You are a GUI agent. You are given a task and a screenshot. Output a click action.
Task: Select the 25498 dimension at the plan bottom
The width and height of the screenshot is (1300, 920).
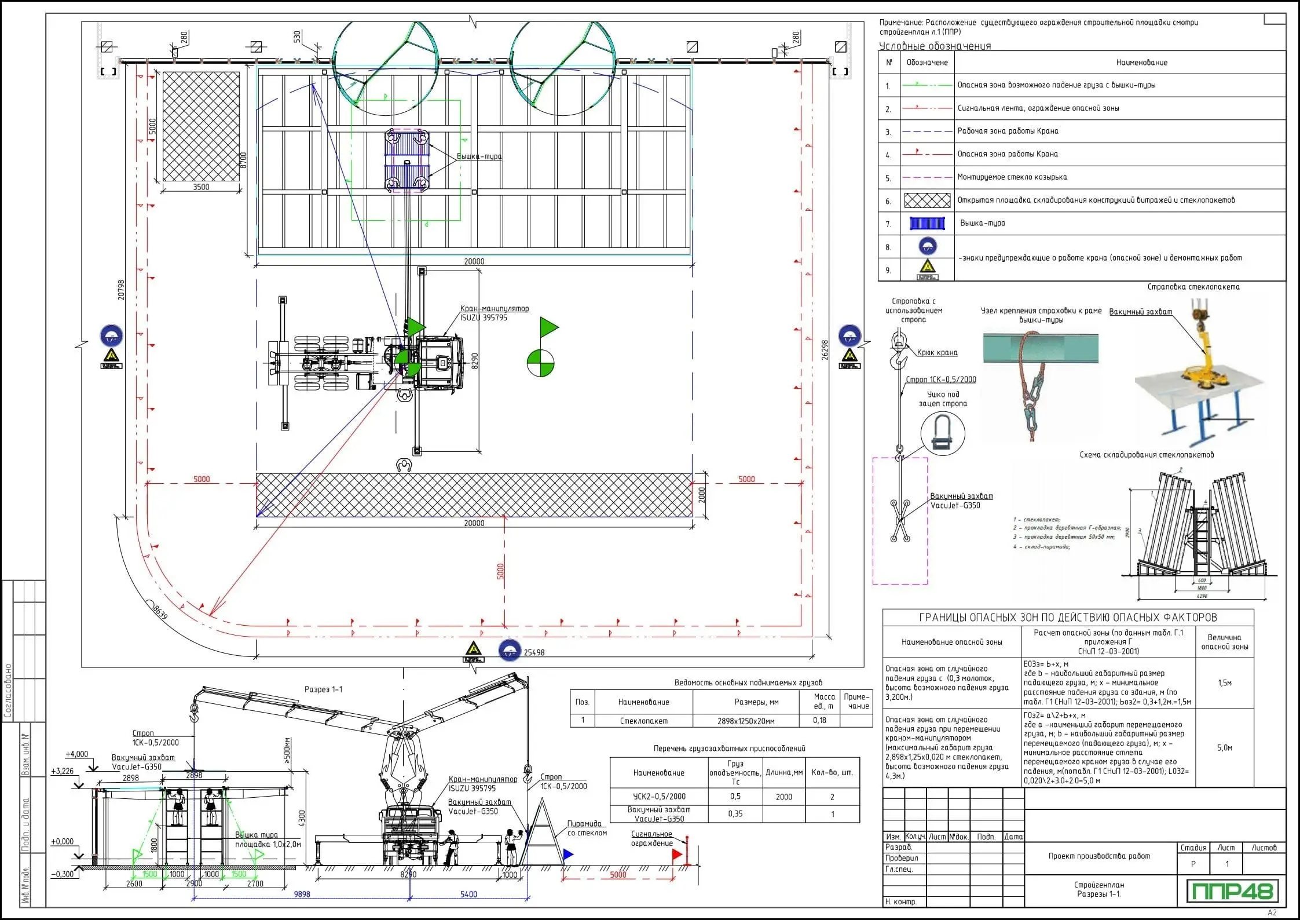click(x=534, y=652)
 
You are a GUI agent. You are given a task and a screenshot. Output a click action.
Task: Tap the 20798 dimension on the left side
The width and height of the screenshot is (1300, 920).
click(x=121, y=290)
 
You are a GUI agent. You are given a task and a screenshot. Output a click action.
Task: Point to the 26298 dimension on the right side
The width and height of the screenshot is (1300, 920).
click(x=825, y=350)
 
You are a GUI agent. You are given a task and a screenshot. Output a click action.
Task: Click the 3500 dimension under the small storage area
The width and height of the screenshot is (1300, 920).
click(x=201, y=187)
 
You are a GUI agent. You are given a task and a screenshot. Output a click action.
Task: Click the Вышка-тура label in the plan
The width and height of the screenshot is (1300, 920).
click(x=479, y=156)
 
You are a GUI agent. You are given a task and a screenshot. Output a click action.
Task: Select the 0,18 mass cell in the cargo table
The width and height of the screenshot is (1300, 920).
click(x=819, y=721)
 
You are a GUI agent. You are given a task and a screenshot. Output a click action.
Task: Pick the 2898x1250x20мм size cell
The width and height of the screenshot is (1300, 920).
click(x=745, y=721)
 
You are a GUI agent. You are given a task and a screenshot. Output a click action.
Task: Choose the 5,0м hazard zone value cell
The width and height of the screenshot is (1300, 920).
click(x=1225, y=748)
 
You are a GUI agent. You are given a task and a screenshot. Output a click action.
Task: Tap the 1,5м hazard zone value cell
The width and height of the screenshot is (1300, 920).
click(x=1225, y=683)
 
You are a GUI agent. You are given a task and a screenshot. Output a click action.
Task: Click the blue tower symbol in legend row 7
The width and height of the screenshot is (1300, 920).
click(x=927, y=223)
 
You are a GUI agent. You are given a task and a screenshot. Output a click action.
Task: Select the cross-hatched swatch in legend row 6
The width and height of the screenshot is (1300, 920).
click(x=927, y=200)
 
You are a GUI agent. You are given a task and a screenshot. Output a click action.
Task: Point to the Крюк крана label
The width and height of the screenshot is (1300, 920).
click(x=937, y=352)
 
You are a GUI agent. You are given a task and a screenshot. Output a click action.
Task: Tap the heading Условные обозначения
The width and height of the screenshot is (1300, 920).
click(x=935, y=46)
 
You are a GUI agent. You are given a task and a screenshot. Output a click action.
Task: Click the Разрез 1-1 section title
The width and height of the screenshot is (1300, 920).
click(x=323, y=689)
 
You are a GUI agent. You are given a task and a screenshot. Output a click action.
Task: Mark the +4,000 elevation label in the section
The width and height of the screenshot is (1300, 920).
click(x=77, y=754)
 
